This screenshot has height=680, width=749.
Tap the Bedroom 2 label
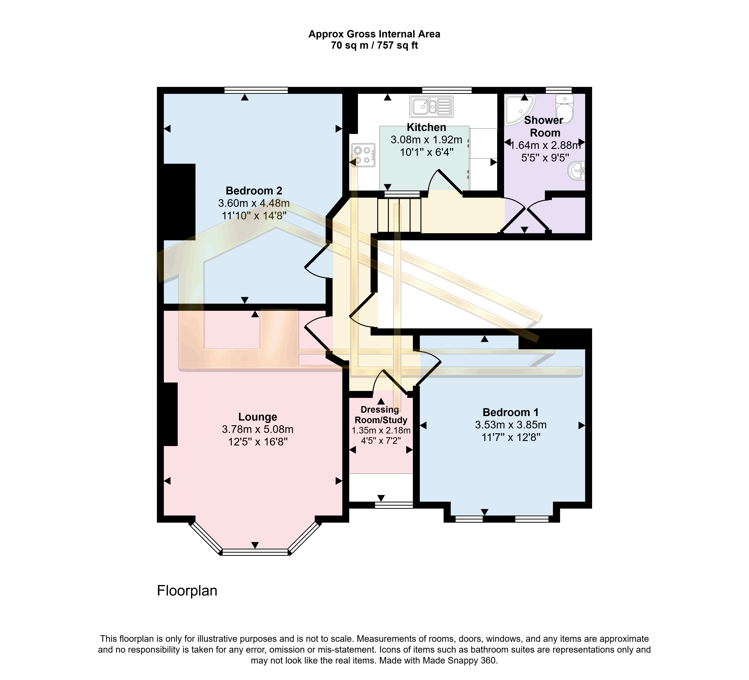(x=254, y=191)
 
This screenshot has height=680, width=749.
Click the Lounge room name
(x=257, y=417)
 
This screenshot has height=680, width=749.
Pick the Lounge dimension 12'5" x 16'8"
(x=257, y=442)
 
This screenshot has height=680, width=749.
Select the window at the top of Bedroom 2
(x=256, y=90)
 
